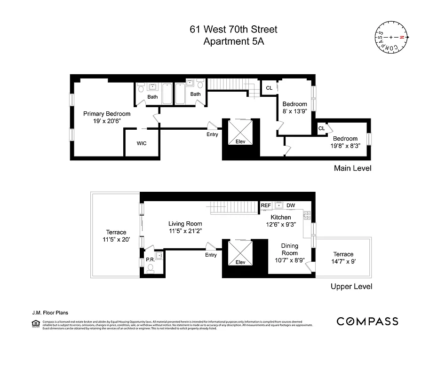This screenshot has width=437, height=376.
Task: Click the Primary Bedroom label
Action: (107, 114)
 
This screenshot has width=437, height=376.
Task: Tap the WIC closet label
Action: (142, 143)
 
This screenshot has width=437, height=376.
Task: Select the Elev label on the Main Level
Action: (240, 141)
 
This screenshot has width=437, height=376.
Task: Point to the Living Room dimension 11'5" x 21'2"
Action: (185, 231)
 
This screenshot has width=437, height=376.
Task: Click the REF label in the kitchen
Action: (266, 205)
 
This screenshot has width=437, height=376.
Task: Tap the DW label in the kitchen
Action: (291, 205)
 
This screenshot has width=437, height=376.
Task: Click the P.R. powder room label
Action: (150, 259)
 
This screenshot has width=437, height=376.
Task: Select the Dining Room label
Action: (290, 250)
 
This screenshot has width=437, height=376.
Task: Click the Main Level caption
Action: (352, 168)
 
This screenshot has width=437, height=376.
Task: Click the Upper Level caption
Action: (351, 286)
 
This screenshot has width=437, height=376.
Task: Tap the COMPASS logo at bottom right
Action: (367, 321)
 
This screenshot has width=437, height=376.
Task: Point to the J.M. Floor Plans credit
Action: (48, 312)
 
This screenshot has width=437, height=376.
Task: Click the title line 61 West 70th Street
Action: (233, 30)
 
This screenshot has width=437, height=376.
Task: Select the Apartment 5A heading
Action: (233, 41)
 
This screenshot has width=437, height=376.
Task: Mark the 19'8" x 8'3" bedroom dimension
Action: (345, 146)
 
